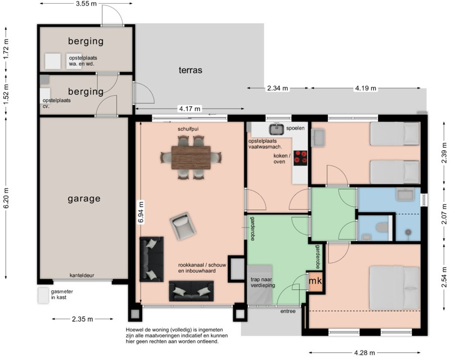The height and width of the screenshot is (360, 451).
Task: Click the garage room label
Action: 84,199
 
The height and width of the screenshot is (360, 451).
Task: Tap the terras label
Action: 190,70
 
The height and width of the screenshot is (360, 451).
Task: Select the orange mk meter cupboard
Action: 316,281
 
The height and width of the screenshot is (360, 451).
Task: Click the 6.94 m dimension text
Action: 141,212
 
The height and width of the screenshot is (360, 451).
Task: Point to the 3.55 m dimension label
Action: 86,4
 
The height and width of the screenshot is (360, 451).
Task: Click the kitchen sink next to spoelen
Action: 276,129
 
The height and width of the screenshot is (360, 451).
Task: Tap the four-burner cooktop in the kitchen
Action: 300,158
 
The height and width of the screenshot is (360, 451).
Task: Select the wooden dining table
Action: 191,157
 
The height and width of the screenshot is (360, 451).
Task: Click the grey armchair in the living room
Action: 183,226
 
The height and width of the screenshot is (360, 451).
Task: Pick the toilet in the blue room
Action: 382,227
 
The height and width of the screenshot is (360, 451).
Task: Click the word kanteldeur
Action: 82,275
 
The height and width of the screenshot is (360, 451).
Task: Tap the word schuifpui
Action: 188,129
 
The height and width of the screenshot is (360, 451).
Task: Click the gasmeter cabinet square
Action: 43,295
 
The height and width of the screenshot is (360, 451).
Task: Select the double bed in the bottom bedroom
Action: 394,288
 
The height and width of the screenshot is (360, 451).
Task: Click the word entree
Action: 288,311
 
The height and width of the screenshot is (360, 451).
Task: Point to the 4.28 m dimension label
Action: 364,352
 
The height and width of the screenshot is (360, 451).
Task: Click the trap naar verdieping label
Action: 262,282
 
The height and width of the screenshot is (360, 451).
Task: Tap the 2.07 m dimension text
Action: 444,214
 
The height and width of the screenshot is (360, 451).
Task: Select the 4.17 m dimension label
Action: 189,109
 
